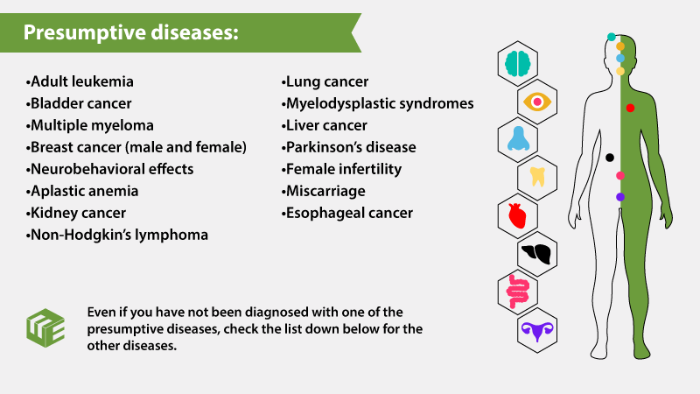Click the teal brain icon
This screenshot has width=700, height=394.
(x=518, y=63)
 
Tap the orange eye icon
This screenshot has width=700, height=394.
(x=537, y=102)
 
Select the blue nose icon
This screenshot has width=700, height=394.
(x=518, y=139)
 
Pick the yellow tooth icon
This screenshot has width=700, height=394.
(x=537, y=177)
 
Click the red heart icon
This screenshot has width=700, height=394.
(x=517, y=215)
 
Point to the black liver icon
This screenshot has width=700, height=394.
(x=536, y=254)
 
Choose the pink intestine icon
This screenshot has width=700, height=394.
(x=517, y=292)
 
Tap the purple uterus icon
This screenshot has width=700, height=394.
(x=537, y=332)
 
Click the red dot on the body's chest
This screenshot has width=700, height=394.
(x=630, y=108)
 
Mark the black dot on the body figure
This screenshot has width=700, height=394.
(x=609, y=158)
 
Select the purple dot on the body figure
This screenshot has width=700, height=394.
(x=620, y=196)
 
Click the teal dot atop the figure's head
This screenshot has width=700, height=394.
(x=611, y=37)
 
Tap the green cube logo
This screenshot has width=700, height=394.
(x=45, y=327)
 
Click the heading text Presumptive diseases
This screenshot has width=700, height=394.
(x=130, y=32)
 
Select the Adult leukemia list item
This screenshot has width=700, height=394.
(x=80, y=81)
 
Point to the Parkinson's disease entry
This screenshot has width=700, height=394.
(x=348, y=147)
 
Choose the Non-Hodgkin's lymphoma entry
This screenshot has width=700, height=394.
(x=117, y=235)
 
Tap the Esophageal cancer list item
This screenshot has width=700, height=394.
(x=346, y=213)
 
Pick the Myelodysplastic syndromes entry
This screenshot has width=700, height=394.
(x=377, y=103)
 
